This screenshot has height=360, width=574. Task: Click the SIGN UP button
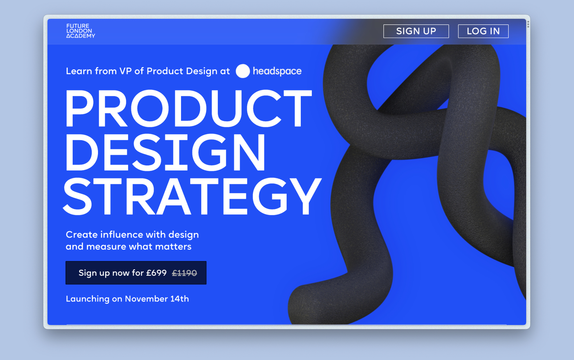pos(416,31)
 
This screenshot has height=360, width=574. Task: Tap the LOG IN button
pos(483,31)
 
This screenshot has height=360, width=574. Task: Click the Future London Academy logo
pos(80,31)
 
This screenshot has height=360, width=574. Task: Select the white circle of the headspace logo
pos(243,71)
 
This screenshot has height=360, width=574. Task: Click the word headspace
pos(277,71)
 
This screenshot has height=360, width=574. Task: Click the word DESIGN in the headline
pos(165,152)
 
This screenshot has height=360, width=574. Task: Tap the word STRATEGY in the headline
pos(192,196)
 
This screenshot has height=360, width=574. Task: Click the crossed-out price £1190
pos(184,273)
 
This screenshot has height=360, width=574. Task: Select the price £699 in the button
pos(156,273)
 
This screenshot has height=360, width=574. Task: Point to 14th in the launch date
pos(179,299)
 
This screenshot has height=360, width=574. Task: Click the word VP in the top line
pos(126,71)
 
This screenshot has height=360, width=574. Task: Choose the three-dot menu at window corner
pos(528,25)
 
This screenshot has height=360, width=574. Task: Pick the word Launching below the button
pos(88,299)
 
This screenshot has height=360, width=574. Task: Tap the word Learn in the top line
pos(79,71)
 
